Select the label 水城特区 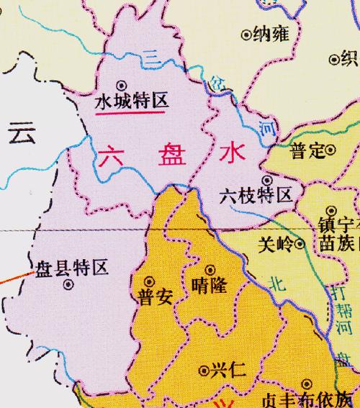coord(132,101)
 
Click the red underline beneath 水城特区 coord(132,113)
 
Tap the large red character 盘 coord(168,156)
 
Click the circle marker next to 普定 coord(330,151)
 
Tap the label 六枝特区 coord(256,195)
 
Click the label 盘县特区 coord(72,269)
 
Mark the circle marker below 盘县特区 coord(68,285)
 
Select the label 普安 coord(153,298)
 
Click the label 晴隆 coord(211,286)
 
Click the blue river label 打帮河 coord(346,309)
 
